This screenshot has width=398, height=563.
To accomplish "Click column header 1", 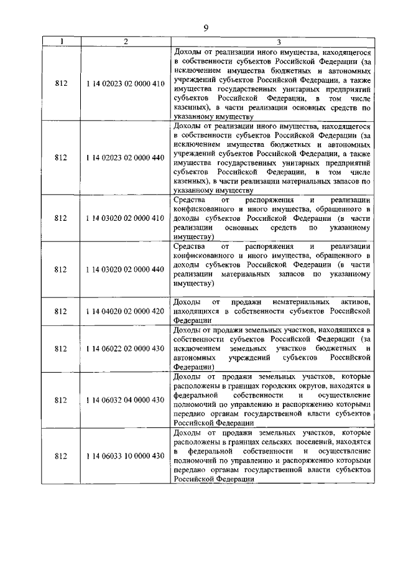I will (61, 42).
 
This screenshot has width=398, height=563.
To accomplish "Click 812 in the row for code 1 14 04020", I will (61, 310).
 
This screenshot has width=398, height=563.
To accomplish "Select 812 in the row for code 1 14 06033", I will (61, 456).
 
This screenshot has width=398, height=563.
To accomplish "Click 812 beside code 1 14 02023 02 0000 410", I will (61, 83).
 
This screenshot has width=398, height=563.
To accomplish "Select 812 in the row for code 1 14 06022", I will (61, 348).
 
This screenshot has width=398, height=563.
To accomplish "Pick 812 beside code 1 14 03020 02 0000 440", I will (61, 269).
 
